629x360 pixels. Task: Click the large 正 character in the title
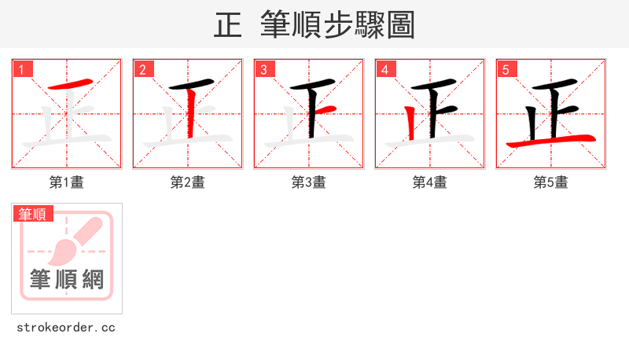pyautogui.click(x=228, y=25)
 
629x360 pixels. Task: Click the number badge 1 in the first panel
pyautogui.click(x=23, y=69)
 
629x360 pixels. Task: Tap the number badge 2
pyautogui.click(x=143, y=69)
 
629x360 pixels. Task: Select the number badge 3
pyautogui.click(x=264, y=69)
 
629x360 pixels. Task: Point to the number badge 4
pyautogui.click(x=385, y=69)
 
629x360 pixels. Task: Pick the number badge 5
pyautogui.click(x=506, y=69)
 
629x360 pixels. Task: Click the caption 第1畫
pyautogui.click(x=66, y=182)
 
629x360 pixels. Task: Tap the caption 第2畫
pyautogui.click(x=187, y=182)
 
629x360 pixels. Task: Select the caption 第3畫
pyautogui.click(x=308, y=182)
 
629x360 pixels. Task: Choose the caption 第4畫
pyautogui.click(x=429, y=182)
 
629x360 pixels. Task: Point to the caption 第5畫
pyautogui.click(x=550, y=182)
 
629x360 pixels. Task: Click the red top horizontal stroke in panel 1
pyautogui.click(x=68, y=84)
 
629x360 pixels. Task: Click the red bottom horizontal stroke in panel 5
pyautogui.click(x=550, y=141)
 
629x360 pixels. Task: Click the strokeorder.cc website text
pyautogui.click(x=66, y=327)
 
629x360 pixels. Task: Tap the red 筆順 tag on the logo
pyautogui.click(x=33, y=214)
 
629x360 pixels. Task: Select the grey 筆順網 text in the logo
pyautogui.click(x=67, y=279)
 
